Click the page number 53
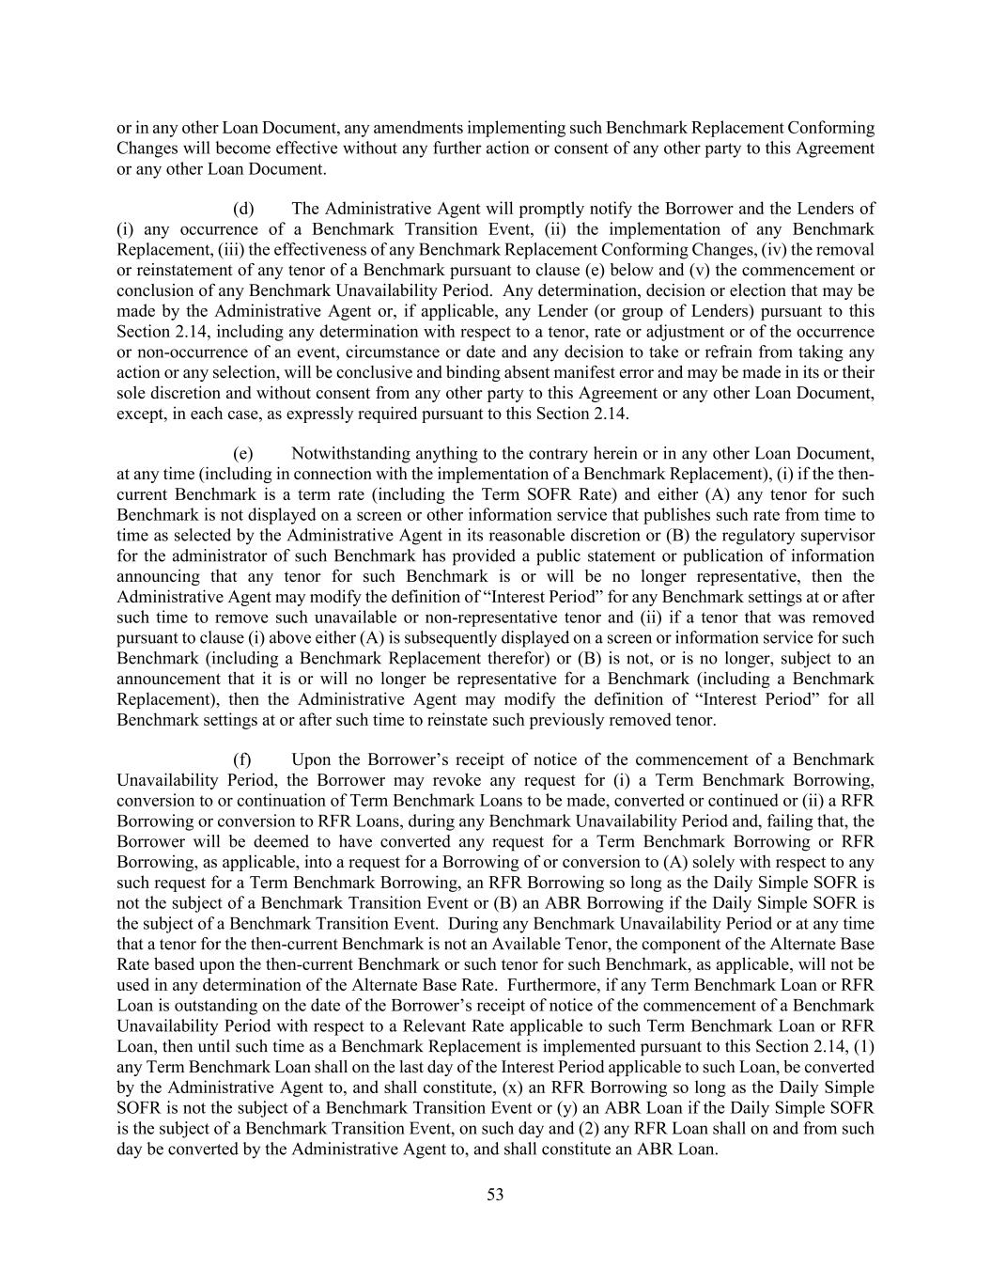pyautogui.click(x=495, y=1195)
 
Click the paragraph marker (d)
pyautogui.click(x=243, y=209)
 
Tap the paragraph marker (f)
pyautogui.click(x=242, y=759)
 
